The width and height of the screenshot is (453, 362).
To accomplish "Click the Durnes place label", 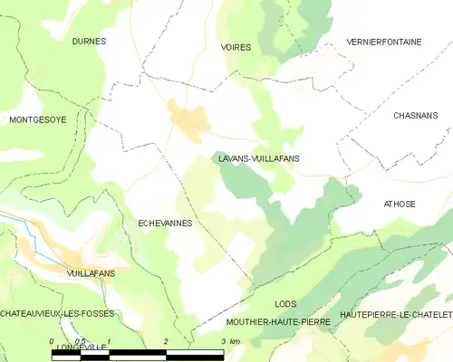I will (x=89, y=42).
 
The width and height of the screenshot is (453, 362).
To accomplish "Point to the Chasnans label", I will (x=415, y=116).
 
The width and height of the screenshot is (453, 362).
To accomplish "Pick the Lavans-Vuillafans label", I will (x=259, y=158).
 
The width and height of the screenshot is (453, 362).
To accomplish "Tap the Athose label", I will (x=400, y=204).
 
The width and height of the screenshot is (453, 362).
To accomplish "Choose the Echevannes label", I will (x=165, y=222).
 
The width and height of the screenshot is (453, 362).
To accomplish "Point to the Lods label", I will (x=285, y=305).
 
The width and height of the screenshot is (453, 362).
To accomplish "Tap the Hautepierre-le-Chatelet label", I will (x=395, y=314).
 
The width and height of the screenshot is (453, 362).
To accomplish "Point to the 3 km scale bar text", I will (x=230, y=341).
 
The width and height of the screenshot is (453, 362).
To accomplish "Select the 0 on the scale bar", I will (x=53, y=341).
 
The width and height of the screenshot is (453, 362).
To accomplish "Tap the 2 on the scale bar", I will (x=166, y=341).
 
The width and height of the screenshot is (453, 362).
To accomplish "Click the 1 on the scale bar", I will (x=109, y=341).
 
